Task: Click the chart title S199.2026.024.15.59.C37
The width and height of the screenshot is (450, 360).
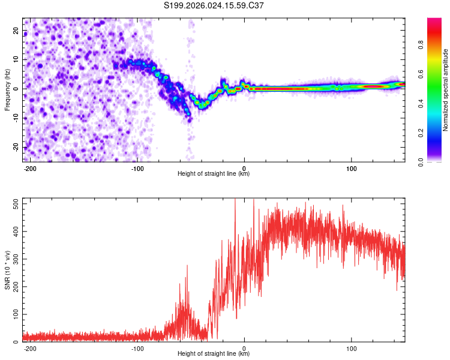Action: click(214, 6)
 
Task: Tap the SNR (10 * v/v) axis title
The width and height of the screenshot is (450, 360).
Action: click(7, 270)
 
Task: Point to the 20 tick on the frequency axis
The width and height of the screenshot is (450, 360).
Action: click(16, 30)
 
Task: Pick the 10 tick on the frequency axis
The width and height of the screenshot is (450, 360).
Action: click(16, 59)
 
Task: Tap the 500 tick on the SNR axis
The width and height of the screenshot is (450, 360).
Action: click(13, 203)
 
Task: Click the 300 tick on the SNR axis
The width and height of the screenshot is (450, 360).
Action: click(13, 259)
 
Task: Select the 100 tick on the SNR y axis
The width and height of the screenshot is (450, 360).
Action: click(13, 314)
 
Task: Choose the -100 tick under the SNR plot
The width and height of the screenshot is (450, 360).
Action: click(137, 348)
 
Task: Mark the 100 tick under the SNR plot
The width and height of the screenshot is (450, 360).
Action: click(351, 348)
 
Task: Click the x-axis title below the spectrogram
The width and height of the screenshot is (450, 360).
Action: click(214, 174)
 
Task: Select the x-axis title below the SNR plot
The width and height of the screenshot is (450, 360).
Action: click(214, 354)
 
